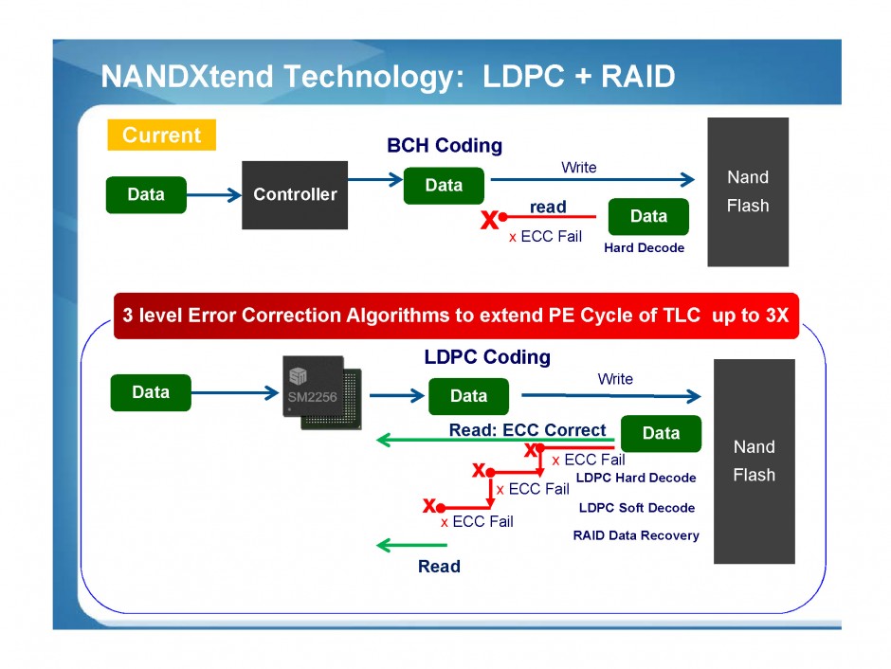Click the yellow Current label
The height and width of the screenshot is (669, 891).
[x=162, y=136]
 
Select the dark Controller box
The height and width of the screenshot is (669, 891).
[x=295, y=194]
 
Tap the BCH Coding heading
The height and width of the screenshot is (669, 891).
[x=445, y=146]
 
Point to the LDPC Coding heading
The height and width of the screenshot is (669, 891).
[x=487, y=357]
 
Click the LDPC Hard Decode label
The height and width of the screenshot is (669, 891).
[x=636, y=478]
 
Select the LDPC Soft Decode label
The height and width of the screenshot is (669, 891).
[x=637, y=508]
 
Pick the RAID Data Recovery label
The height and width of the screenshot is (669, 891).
[x=636, y=535]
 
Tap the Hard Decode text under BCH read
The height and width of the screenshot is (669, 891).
[x=644, y=248]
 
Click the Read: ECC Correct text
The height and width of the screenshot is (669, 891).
[x=527, y=430]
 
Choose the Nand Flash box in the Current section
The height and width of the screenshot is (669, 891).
[x=748, y=191]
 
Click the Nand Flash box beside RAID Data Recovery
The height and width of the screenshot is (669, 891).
[x=754, y=461]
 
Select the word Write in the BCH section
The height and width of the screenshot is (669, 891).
[x=579, y=168]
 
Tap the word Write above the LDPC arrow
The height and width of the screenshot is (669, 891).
[x=615, y=379]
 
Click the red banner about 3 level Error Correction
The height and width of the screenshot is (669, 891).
[x=456, y=316]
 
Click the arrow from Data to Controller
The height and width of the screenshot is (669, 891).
[x=214, y=195]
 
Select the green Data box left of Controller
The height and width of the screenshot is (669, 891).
[x=146, y=194]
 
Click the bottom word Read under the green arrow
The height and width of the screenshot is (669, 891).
[x=439, y=567]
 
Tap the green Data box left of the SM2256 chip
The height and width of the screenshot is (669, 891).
[x=151, y=392]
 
